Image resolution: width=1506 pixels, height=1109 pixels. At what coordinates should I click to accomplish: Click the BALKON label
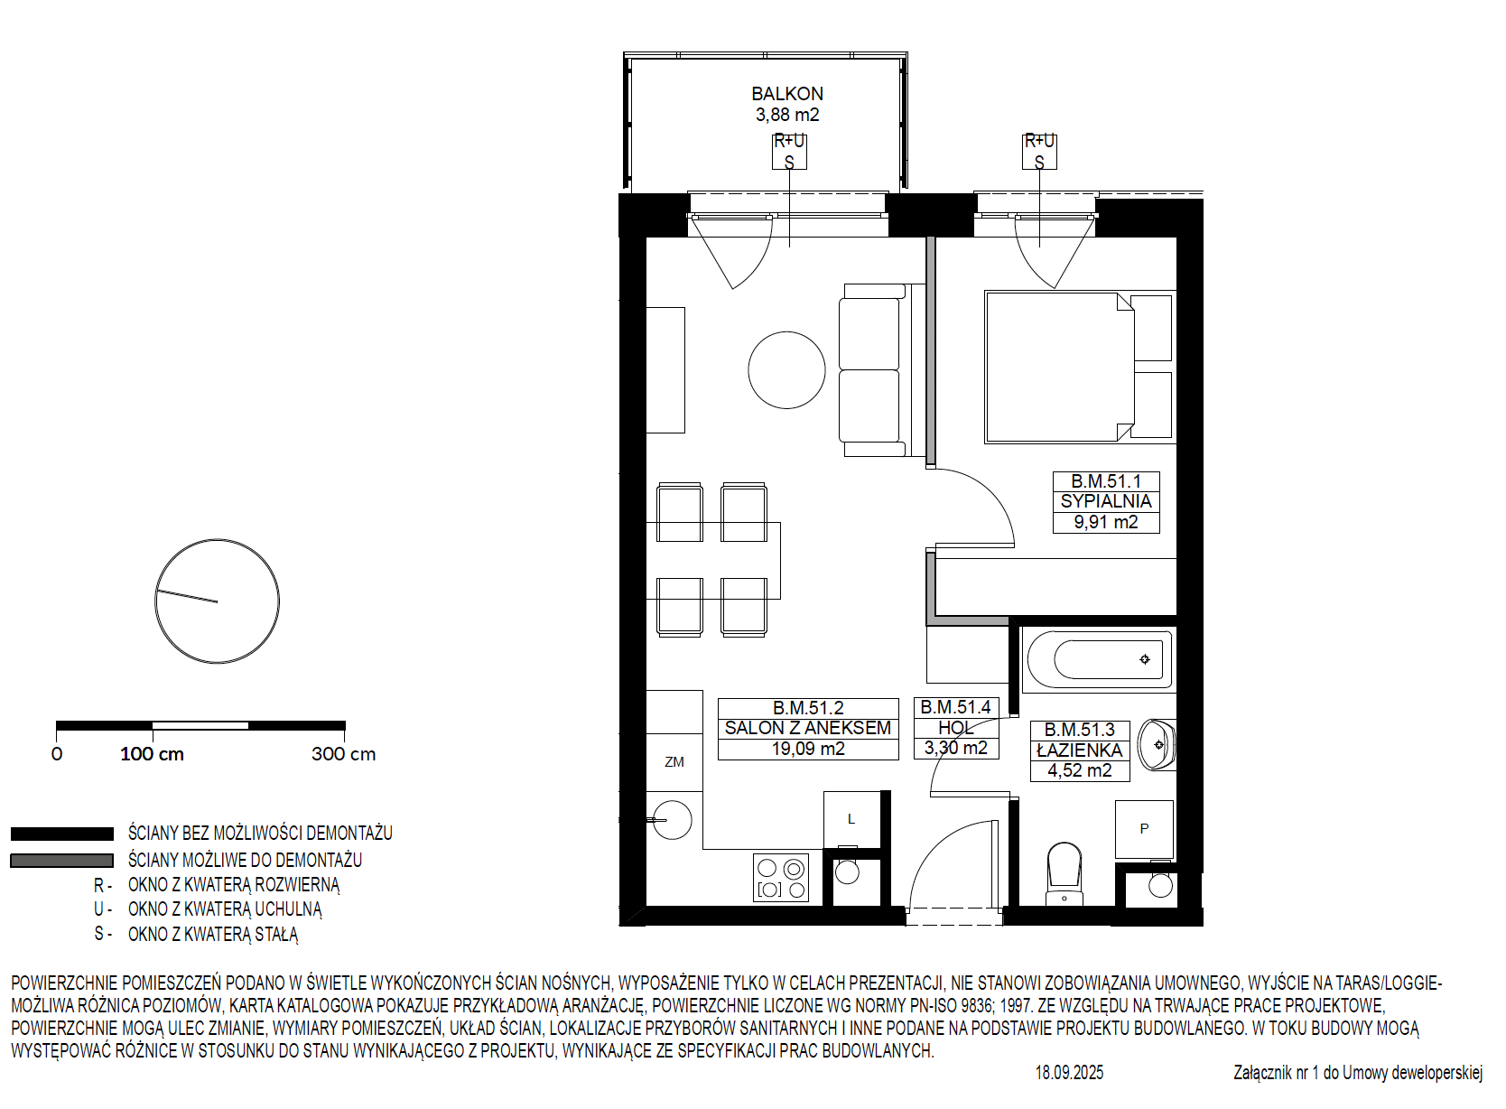point(787,94)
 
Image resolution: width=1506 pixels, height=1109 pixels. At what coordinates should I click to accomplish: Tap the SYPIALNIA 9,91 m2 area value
point(1106,523)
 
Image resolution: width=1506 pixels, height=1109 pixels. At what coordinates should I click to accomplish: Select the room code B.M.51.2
point(808,708)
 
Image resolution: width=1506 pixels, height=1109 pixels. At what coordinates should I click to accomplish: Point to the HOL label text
point(956,728)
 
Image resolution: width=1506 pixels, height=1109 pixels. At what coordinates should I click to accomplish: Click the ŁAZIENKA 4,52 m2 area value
point(1080,770)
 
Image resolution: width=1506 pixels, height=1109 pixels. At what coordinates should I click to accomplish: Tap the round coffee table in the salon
point(786,370)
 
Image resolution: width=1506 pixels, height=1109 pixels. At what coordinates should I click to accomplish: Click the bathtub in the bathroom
point(1099,660)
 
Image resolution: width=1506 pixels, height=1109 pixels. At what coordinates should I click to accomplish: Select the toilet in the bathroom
point(1064,873)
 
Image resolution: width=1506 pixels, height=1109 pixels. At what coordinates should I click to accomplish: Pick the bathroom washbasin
point(1157,744)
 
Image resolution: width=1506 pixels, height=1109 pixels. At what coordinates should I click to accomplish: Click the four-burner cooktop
point(781,878)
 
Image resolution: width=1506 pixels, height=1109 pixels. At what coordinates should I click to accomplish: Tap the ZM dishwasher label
point(674,762)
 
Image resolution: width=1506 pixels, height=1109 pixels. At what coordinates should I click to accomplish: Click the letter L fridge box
point(851,819)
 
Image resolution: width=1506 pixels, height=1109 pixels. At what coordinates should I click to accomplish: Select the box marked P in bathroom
point(1144,829)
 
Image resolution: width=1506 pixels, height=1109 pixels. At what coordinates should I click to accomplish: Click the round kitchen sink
point(673,820)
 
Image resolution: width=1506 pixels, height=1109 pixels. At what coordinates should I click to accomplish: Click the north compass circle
point(218,539)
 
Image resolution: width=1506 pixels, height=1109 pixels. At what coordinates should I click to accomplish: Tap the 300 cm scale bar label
point(344,754)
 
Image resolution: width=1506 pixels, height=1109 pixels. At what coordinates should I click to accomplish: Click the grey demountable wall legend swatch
point(62,861)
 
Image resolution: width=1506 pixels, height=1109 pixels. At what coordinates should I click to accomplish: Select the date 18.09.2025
point(1069,1073)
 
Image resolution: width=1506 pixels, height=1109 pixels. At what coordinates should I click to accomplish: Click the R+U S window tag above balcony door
point(789,152)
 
